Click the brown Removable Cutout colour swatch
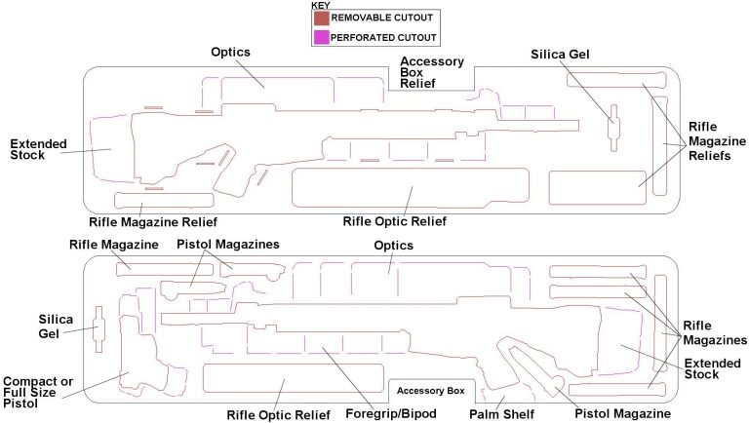pyautogui.click(x=321, y=18)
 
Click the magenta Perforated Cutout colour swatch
pyautogui.click(x=321, y=37)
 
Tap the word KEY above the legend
pyautogui.click(x=320, y=6)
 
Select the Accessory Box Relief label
pyautogui.click(x=432, y=73)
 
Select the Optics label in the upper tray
pyautogui.click(x=231, y=51)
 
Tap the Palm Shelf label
pyautogui.click(x=501, y=414)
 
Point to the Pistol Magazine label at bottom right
pyautogui.click(x=621, y=414)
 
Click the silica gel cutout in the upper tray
pyautogui.click(x=612, y=127)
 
